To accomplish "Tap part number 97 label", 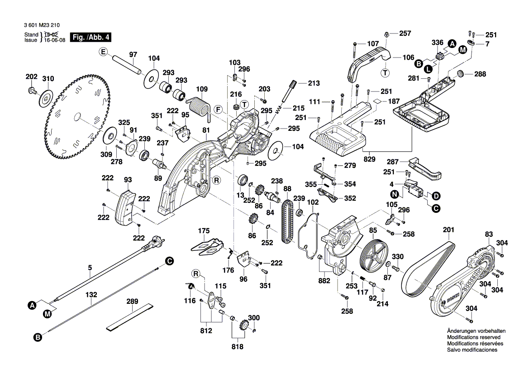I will click(x=133, y=55).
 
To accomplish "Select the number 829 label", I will click(x=370, y=159).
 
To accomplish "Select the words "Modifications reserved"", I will click(x=473, y=337).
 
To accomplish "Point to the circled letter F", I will click(x=218, y=110).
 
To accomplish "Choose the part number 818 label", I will click(x=237, y=347).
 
